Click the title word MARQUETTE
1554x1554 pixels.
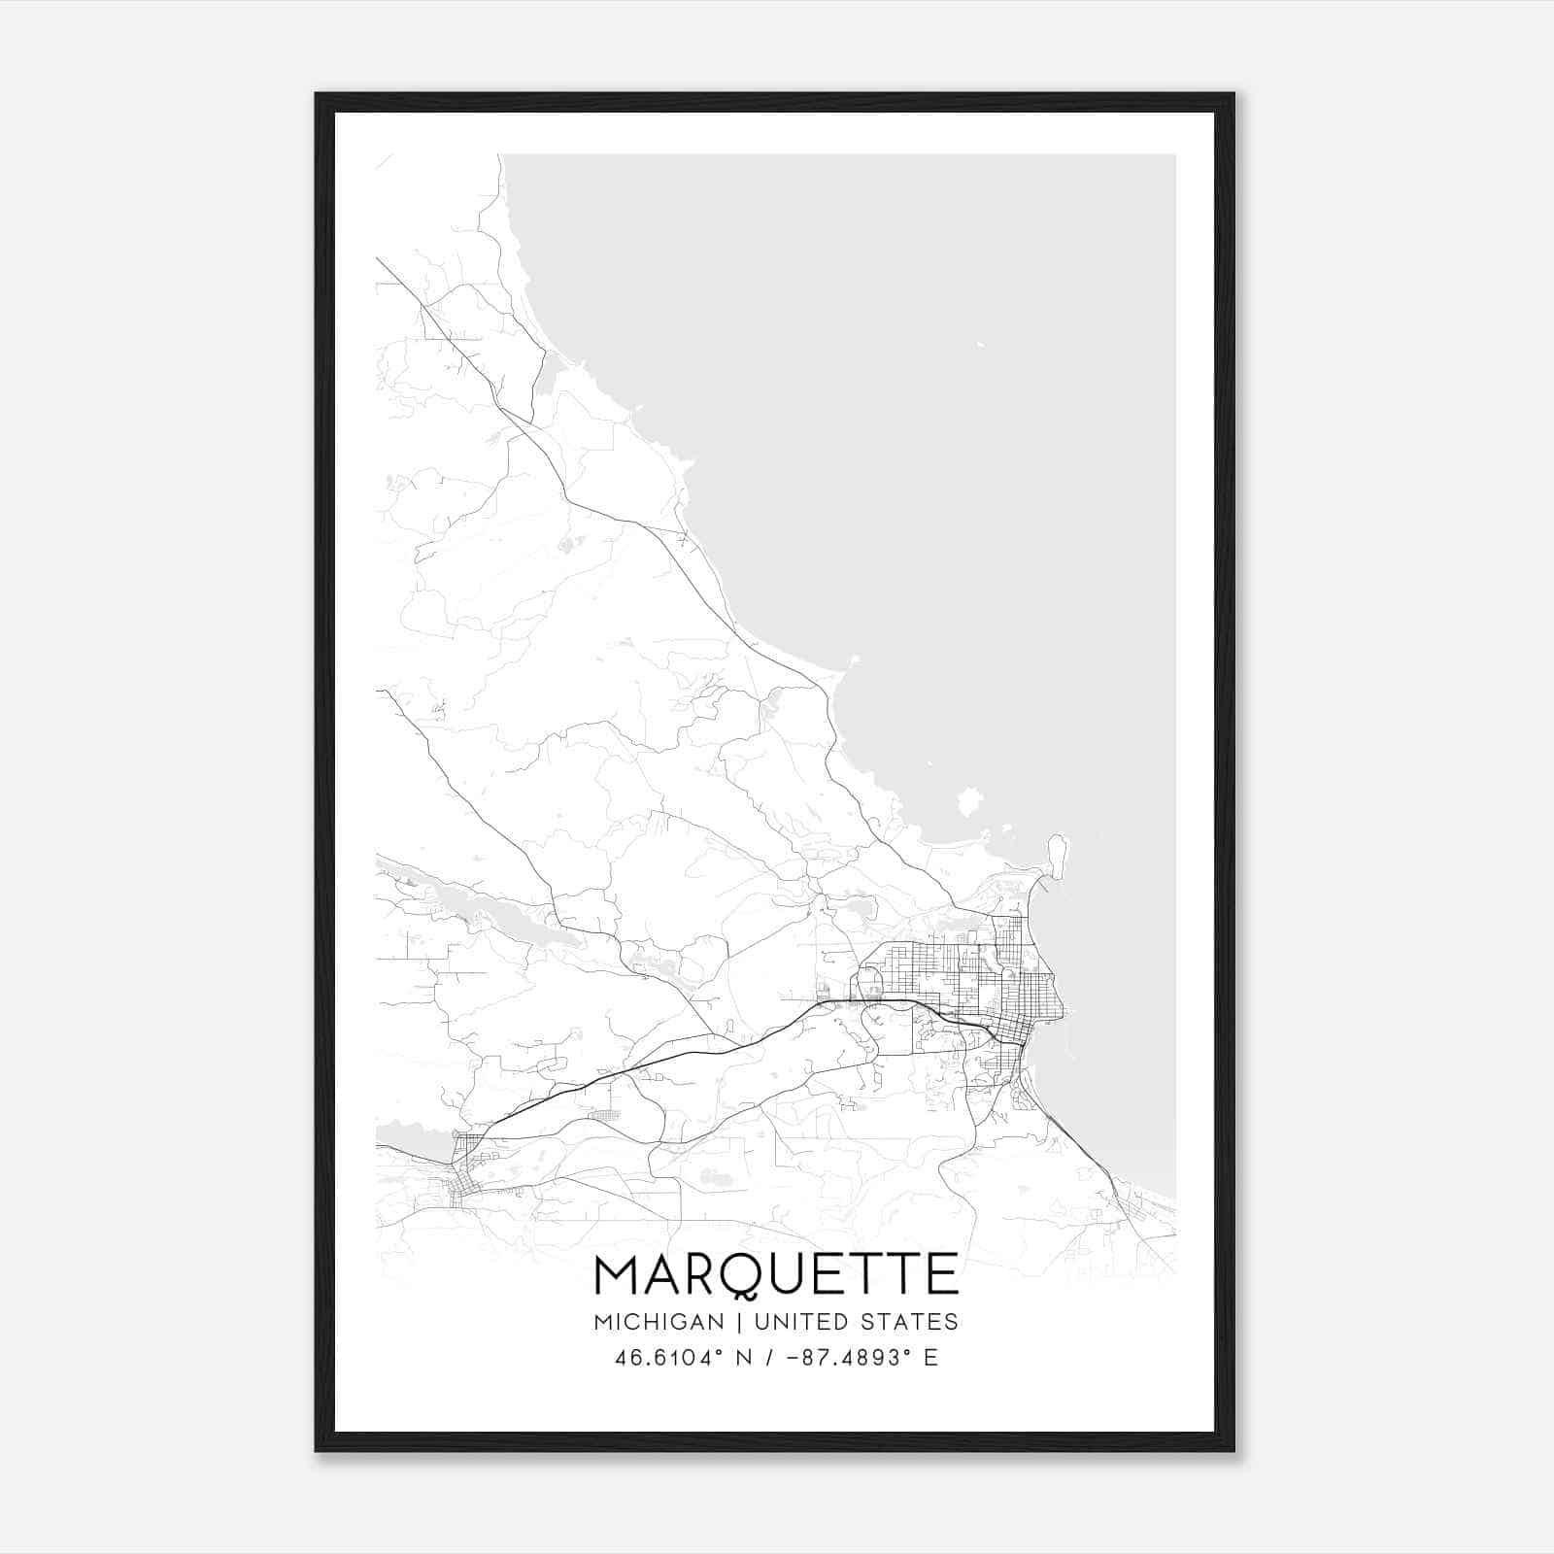(x=776, y=1274)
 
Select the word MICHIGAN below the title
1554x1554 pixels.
(x=659, y=1322)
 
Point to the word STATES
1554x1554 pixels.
(x=909, y=1322)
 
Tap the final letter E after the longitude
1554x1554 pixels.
(x=930, y=1358)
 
